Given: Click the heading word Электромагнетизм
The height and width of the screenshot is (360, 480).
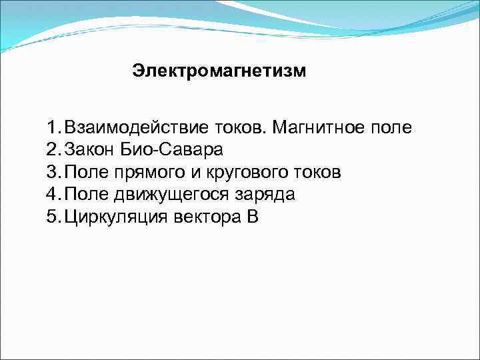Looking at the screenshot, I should click(x=219, y=71).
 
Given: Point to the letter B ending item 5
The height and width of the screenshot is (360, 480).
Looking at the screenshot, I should click(x=251, y=217).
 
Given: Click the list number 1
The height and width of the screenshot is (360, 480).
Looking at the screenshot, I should click(x=52, y=127).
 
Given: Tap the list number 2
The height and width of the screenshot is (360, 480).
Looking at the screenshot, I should click(x=53, y=149).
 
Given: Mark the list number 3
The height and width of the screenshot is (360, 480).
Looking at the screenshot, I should click(x=53, y=172).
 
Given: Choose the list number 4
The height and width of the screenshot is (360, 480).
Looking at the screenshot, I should click(x=53, y=195).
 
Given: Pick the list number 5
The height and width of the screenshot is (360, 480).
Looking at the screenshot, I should click(x=53, y=217).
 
